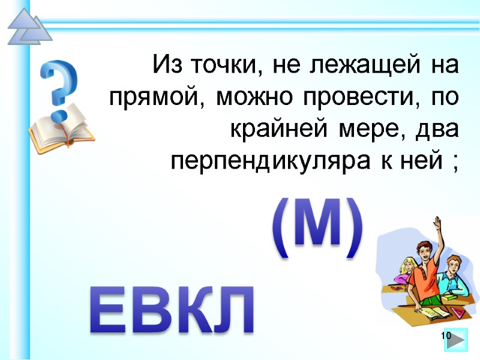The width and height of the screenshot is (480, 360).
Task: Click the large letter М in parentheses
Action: (318, 230)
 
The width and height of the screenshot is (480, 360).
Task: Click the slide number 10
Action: (445, 335)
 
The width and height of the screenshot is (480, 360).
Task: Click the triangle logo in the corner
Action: (28, 27)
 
